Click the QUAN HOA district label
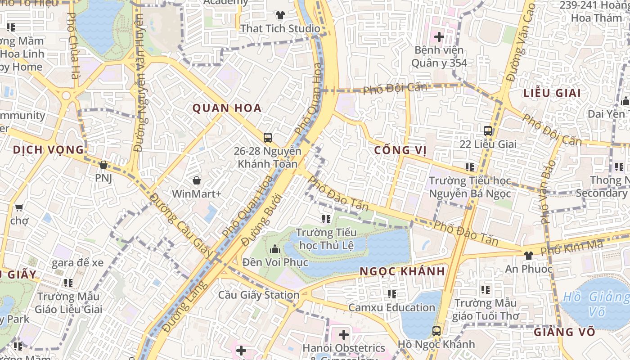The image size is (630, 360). coord(227,108)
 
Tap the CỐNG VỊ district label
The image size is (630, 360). coord(400,150)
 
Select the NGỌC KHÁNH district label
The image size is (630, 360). coord(402,271)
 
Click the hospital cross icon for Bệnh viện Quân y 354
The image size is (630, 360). coord(439,36)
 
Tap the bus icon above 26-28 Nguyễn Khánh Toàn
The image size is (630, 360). coord(267,137)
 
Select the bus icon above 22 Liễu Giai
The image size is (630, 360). coord(487,131)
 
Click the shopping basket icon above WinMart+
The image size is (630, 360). coord(197,181)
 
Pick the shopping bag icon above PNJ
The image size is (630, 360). coord(103,165)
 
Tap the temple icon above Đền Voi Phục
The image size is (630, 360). coord(274,248)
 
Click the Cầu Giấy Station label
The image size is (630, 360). coord(259,295)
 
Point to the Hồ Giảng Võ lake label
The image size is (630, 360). coord(596,304)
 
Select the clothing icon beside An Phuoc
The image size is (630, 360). coord(528,255)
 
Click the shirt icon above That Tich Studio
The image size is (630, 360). coord(280,15)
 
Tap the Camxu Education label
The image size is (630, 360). coord(391,308)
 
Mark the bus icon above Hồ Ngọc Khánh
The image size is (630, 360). coord(436,331)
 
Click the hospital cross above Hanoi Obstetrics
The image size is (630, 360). coord(344,334)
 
